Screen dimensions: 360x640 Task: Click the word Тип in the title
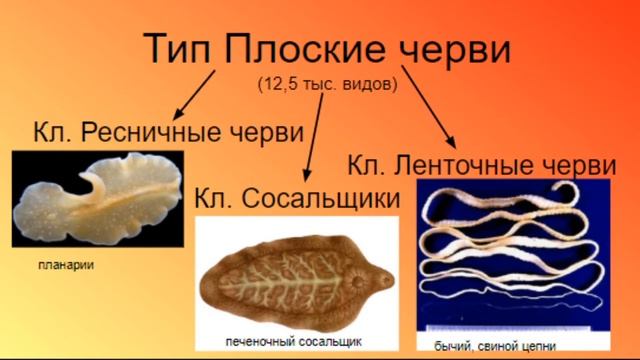click(176, 50)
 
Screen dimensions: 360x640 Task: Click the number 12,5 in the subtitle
click(274, 85)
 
